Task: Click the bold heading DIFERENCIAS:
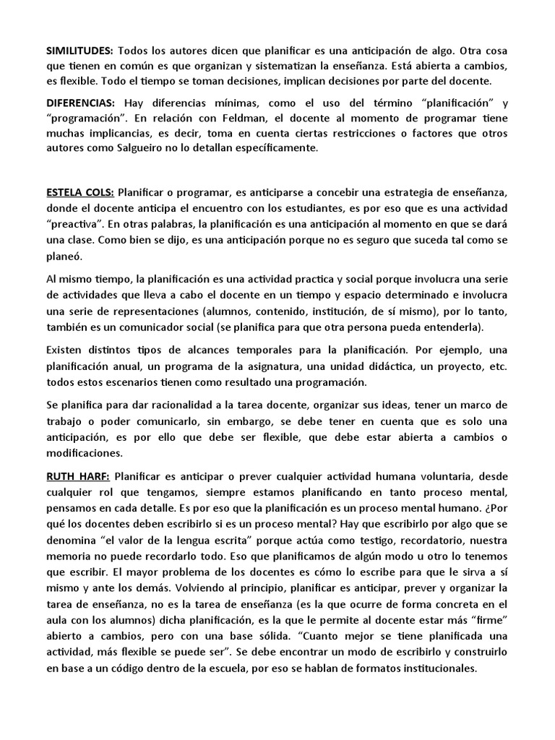(x=81, y=103)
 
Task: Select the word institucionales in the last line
(x=431, y=668)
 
